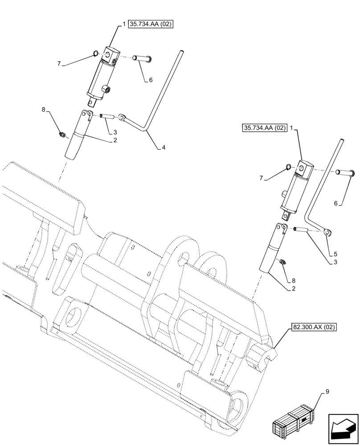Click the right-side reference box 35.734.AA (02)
[x=265, y=128]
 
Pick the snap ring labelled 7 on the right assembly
[x=288, y=167]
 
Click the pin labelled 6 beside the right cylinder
[x=346, y=172]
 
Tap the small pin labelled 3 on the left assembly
[x=106, y=116]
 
